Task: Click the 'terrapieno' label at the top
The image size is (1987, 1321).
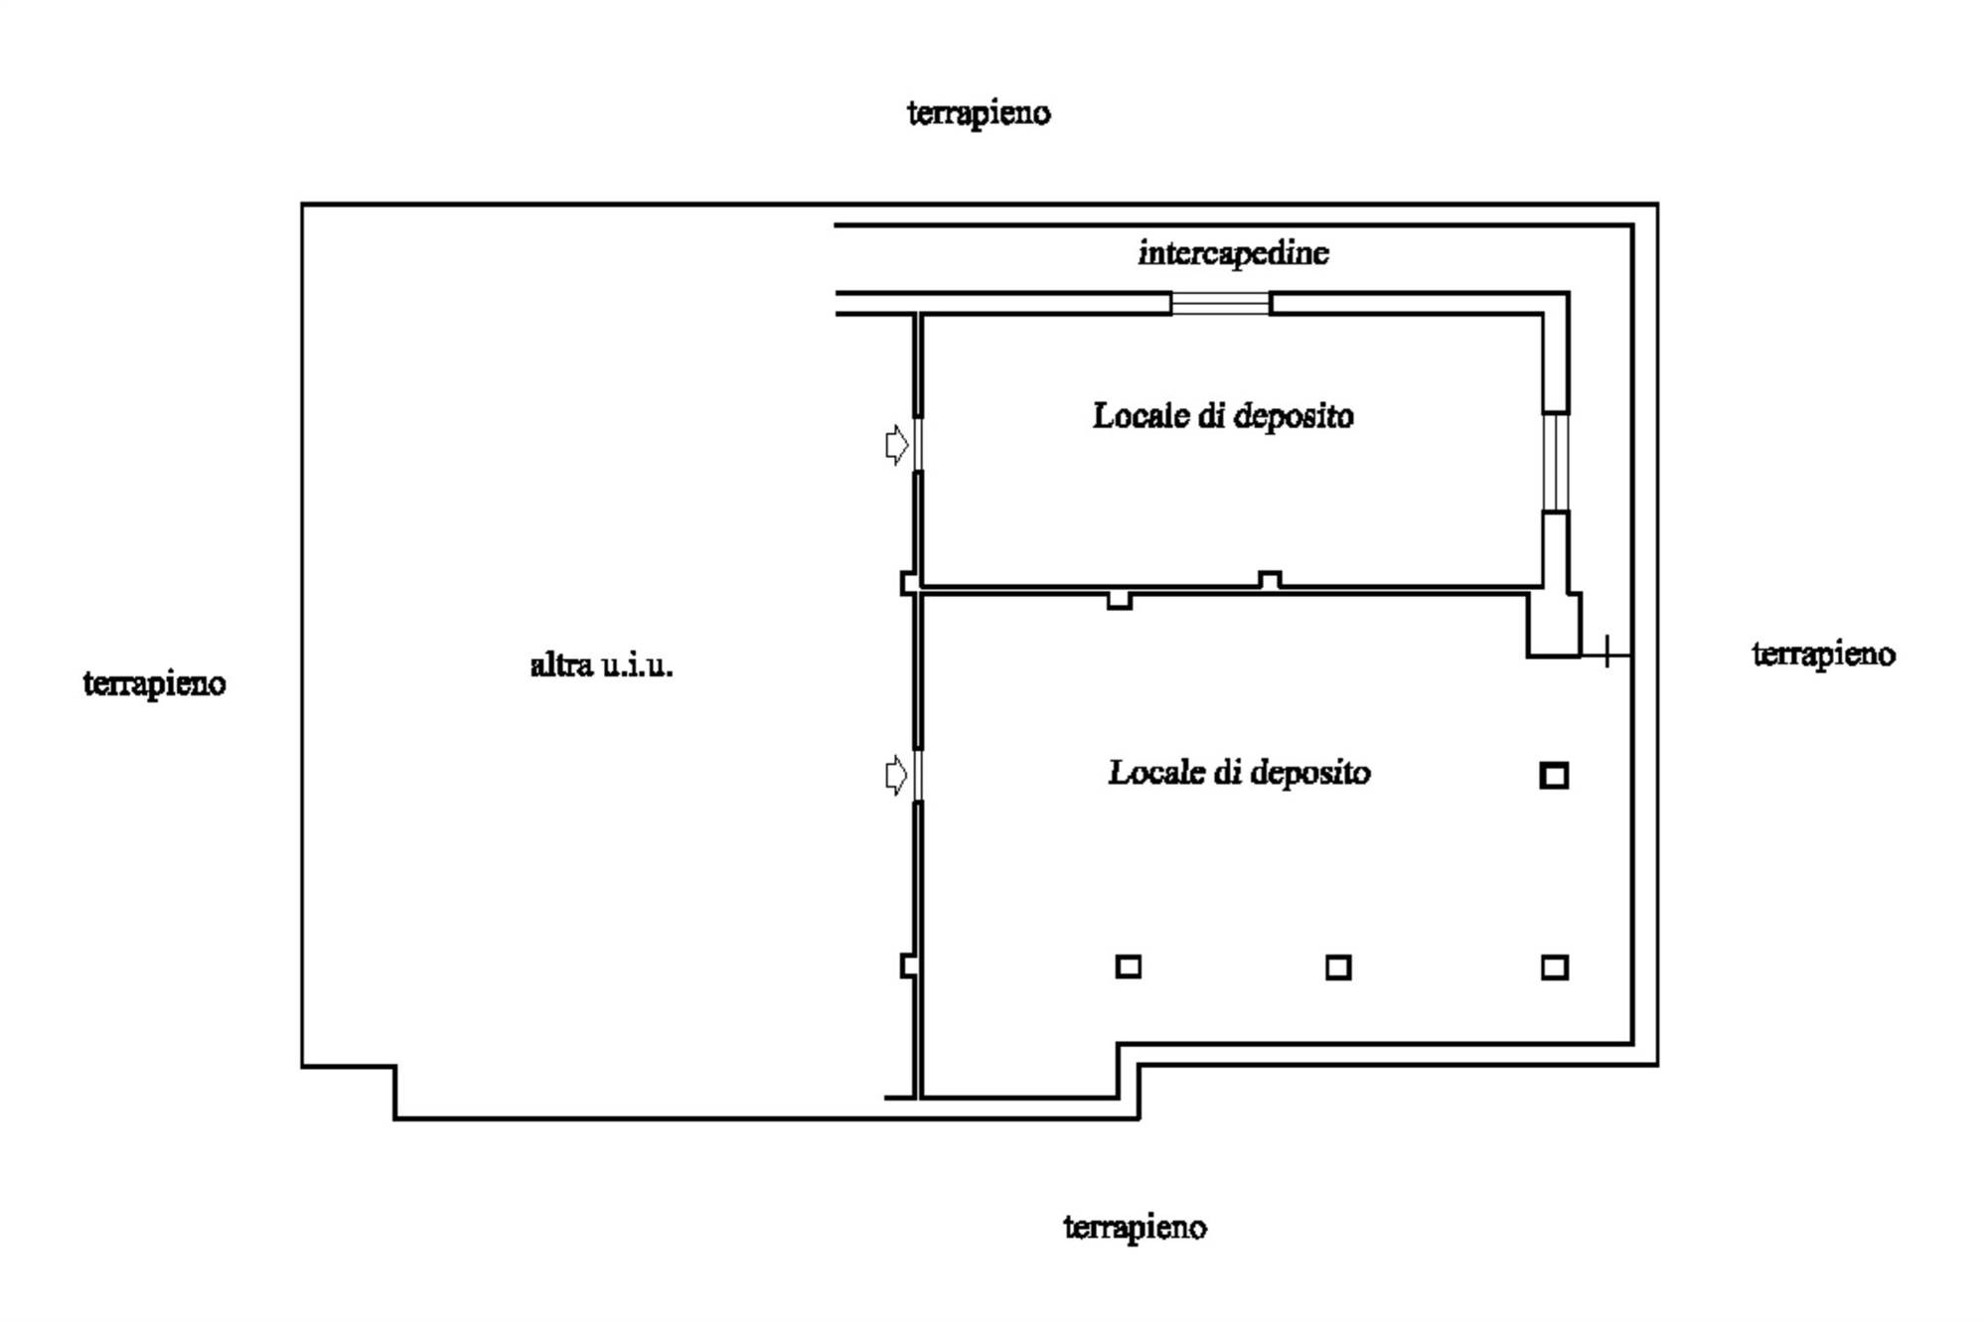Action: click(x=979, y=113)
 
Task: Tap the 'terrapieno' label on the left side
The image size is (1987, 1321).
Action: click(x=154, y=683)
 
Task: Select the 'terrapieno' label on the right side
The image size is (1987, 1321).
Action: click(x=1823, y=654)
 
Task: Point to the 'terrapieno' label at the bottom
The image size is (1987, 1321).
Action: click(x=1135, y=1227)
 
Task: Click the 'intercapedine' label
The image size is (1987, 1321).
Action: click(x=1233, y=253)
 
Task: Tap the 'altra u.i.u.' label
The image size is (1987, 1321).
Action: click(x=601, y=664)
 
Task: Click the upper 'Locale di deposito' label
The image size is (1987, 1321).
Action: click(x=1223, y=415)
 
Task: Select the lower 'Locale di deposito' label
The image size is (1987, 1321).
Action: click(x=1239, y=772)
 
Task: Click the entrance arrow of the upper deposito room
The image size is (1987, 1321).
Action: click(x=896, y=444)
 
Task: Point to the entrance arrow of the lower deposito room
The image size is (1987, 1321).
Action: click(x=896, y=775)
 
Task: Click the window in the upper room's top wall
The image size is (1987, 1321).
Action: click(x=1220, y=303)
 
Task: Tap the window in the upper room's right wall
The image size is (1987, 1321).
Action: click(x=1556, y=462)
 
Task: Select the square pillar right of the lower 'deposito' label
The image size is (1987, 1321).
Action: click(x=1554, y=775)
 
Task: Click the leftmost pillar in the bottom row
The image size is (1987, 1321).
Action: click(x=1128, y=966)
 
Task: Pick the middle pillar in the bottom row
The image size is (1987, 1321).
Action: click(x=1338, y=967)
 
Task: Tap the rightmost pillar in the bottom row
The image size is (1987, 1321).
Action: click(x=1555, y=967)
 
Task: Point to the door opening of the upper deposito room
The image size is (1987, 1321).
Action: click(x=918, y=444)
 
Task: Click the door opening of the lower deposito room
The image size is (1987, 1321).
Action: click(x=918, y=775)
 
